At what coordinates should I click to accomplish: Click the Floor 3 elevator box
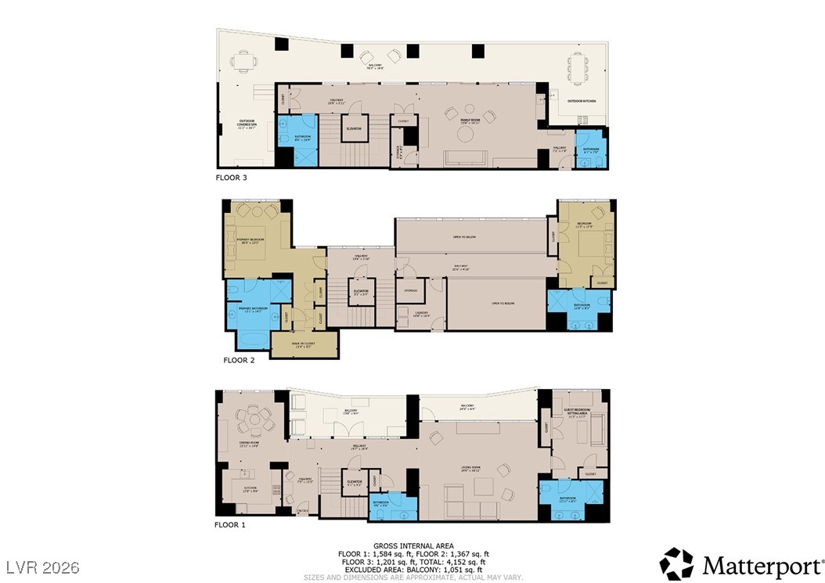[x=354, y=130]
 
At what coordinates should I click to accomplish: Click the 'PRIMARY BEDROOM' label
[x=252, y=240]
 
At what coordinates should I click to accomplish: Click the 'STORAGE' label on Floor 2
[x=410, y=290]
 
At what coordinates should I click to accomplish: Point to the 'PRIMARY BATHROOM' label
[x=254, y=309]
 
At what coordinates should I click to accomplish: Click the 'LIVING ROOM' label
[x=470, y=468]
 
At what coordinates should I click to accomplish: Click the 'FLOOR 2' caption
[x=240, y=361]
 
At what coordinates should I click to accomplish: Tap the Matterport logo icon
[x=676, y=563]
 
